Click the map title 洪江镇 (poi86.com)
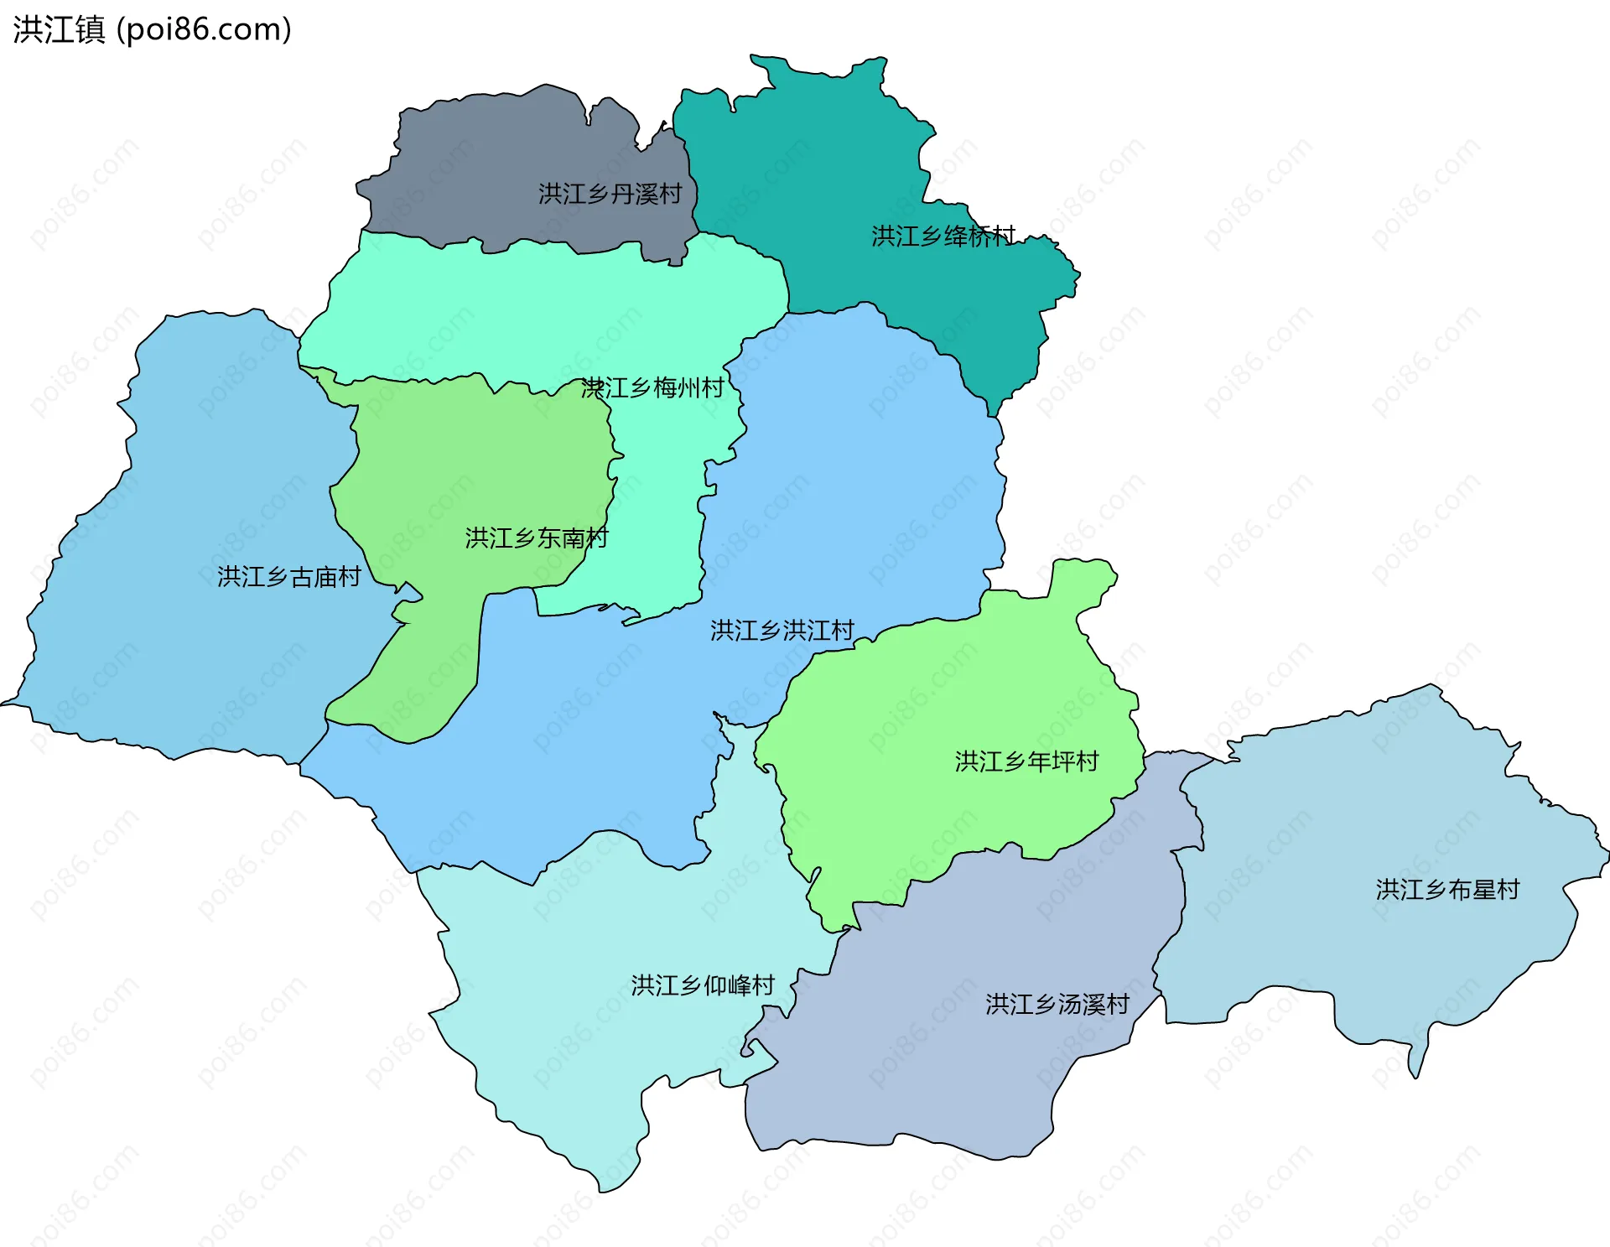click(152, 29)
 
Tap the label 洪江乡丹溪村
click(610, 194)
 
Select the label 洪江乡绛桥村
click(943, 236)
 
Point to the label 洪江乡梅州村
click(652, 387)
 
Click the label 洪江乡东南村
click(537, 538)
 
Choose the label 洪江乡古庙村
click(288, 576)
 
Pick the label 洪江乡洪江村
click(782, 630)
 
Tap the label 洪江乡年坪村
click(1026, 761)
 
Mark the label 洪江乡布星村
click(1447, 889)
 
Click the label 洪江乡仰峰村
click(703, 985)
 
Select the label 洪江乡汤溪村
click(1057, 1004)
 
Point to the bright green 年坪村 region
click(922, 738)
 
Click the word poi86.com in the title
click(204, 29)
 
